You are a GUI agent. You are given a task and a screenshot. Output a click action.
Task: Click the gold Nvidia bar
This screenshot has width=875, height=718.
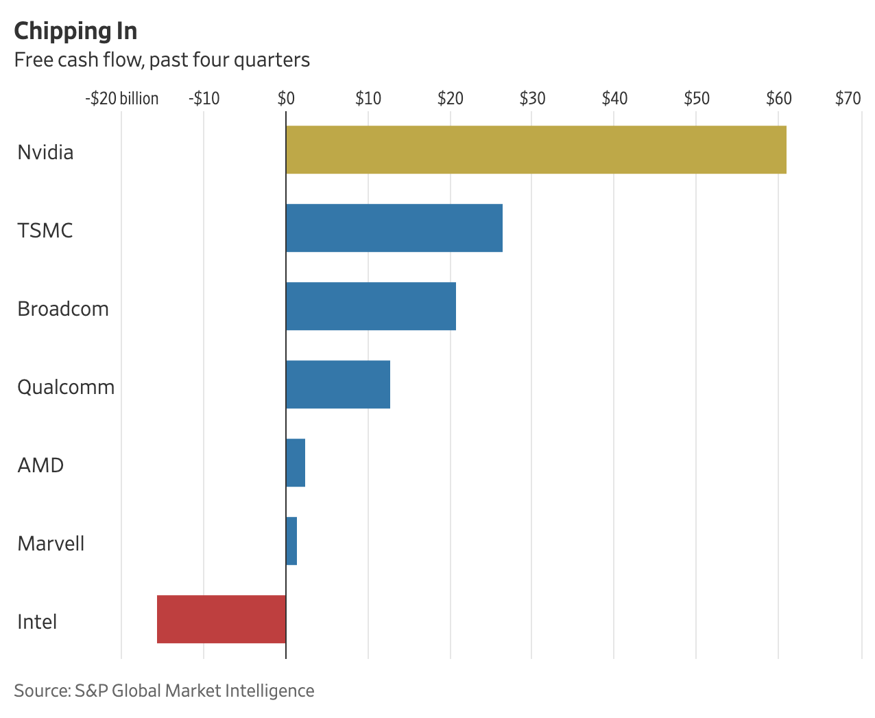536,150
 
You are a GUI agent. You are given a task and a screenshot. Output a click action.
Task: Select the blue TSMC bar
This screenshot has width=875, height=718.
394,228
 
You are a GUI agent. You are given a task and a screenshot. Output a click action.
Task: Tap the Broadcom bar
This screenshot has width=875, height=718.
370,306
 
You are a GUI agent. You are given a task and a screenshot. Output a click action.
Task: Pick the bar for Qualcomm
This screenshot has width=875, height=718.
337,384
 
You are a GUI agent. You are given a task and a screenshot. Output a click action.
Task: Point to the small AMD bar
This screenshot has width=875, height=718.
296,463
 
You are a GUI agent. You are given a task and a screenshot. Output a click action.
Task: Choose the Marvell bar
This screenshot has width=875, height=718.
291,541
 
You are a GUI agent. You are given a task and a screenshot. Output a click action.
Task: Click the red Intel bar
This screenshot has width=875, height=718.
221,619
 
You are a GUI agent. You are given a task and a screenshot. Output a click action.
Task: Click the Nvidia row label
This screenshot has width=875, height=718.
45,152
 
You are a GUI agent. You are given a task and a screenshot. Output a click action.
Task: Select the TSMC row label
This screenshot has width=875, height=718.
45,230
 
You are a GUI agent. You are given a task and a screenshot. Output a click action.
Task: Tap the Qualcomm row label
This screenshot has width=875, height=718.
66,387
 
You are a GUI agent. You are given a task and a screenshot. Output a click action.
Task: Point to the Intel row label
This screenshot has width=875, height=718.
37,622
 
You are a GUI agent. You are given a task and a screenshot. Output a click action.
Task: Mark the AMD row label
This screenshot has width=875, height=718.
40,465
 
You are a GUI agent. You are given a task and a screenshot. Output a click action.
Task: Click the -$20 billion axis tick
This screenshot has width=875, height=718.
122,99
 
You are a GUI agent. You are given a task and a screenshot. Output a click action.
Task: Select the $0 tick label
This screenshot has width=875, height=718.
286,99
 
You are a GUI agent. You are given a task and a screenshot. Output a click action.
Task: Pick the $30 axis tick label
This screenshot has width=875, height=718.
532,99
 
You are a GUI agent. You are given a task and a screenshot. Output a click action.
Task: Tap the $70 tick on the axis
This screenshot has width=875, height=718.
848,99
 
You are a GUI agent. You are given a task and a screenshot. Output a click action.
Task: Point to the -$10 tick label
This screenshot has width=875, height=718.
204,99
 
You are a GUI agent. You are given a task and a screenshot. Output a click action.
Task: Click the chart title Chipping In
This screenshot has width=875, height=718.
75,31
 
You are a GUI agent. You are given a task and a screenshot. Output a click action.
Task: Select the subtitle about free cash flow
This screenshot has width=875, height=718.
162,60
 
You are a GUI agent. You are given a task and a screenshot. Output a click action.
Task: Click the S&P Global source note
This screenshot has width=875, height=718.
164,691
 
